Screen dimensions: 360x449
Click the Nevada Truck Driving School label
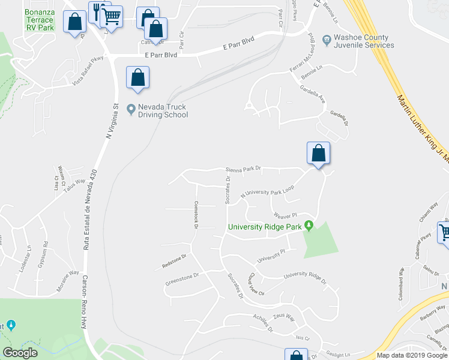[163, 111]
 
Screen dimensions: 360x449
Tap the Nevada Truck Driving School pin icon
[131, 109]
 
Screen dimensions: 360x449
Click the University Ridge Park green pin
[309, 226]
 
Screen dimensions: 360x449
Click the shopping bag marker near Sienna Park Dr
[319, 154]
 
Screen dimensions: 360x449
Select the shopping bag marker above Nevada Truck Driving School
[137, 77]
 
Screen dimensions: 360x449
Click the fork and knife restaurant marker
[98, 11]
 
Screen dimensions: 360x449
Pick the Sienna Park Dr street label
[244, 169]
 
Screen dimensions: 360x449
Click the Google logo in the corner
[20, 353]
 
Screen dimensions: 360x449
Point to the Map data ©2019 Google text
[411, 355]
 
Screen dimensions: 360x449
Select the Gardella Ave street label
[313, 93]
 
